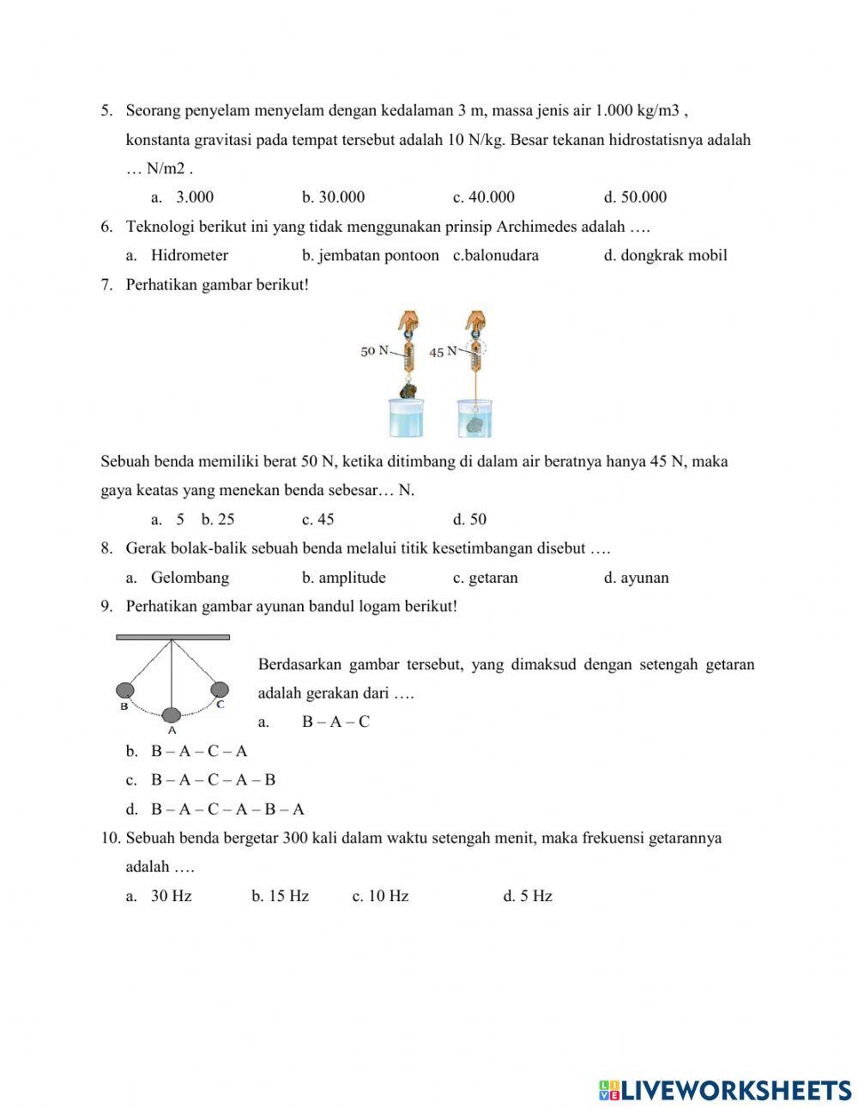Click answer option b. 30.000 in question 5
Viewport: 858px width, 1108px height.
tap(333, 197)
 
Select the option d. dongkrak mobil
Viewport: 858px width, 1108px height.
tap(665, 256)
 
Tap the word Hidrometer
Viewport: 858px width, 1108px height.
tap(190, 256)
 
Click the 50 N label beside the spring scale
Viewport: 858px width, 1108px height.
tap(374, 351)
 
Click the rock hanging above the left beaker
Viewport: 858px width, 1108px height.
tap(408, 391)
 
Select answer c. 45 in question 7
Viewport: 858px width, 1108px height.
tap(318, 519)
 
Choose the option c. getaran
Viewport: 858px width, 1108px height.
tap(485, 578)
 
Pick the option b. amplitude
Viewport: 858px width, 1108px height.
tap(343, 578)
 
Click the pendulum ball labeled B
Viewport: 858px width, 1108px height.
tap(125, 690)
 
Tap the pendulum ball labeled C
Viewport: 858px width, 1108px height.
tap(220, 689)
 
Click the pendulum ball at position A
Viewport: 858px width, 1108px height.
tap(172, 715)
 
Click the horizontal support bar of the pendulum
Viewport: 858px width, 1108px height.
tap(172, 637)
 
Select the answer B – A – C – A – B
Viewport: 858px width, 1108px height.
tap(213, 780)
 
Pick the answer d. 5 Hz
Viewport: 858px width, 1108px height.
tap(528, 896)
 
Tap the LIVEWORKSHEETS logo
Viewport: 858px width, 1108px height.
tap(724, 1090)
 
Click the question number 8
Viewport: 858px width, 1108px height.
tap(106, 548)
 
